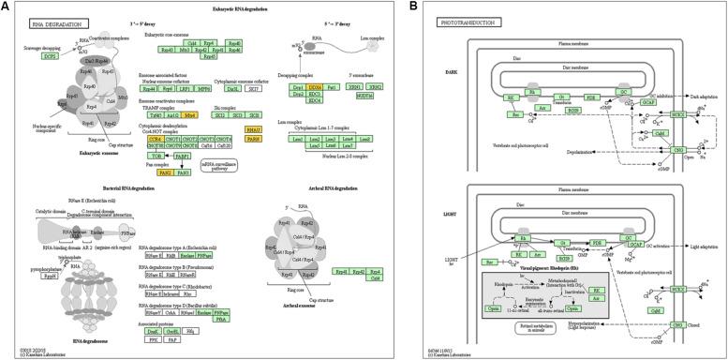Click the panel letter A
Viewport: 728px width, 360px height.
click(x=6, y=6)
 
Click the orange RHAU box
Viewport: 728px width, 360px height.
click(x=252, y=128)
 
